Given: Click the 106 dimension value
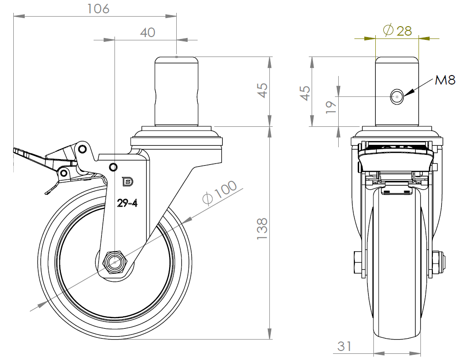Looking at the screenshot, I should (98, 9).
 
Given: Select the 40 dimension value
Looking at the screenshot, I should (148, 32).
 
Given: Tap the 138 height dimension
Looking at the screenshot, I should (262, 228).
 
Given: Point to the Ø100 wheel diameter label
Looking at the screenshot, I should (219, 192).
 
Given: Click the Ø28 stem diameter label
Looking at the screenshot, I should (397, 31).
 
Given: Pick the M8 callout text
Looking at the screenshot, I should (445, 80).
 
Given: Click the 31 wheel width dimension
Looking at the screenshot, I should (345, 347).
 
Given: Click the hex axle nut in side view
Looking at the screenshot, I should (114, 261).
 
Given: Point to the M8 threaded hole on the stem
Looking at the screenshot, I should (396, 97).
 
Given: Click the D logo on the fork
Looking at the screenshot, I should (127, 181).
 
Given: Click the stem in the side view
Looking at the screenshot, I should (177, 91).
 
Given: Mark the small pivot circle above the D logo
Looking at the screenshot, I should (113, 167).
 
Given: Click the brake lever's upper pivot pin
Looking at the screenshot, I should (83, 149).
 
